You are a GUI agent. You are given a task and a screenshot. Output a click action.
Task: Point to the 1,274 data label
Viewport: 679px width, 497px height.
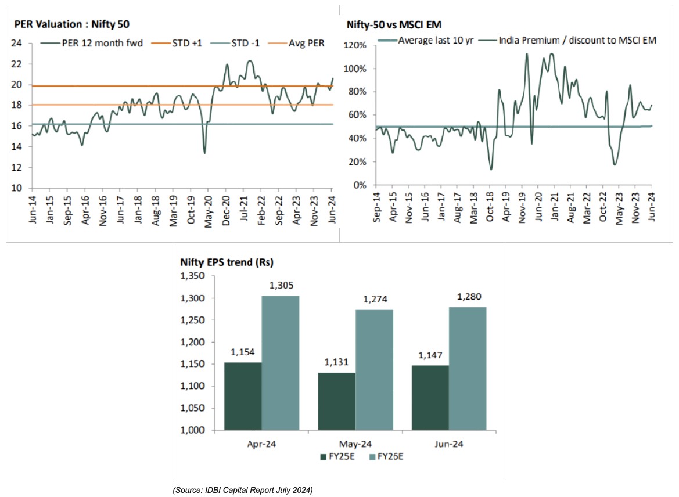375,300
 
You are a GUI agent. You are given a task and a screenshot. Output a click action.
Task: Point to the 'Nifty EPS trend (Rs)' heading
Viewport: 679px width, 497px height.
224,262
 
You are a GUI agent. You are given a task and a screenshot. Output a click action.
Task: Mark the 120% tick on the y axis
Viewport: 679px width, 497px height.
355,45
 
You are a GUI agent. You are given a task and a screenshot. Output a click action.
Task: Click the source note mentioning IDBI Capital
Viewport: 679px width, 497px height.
243,491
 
